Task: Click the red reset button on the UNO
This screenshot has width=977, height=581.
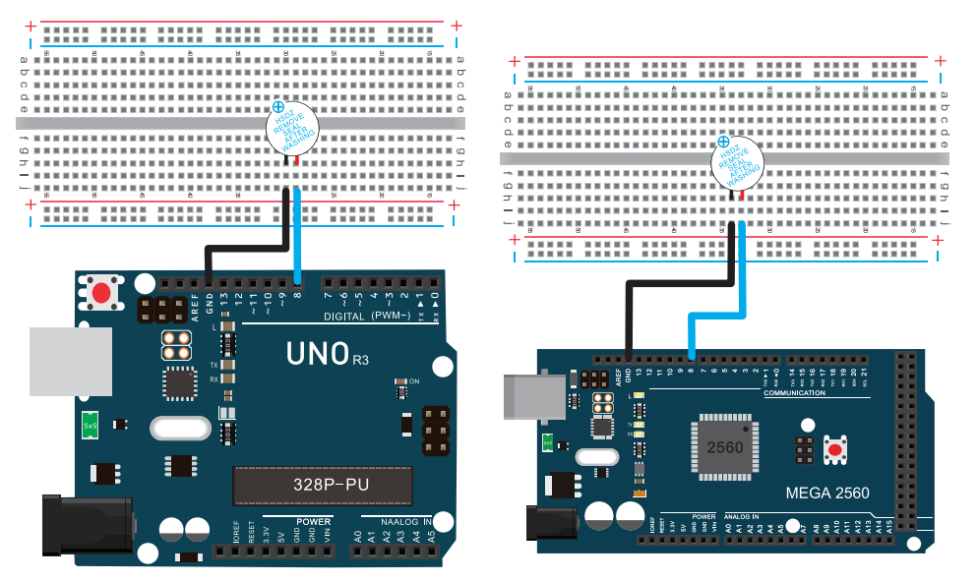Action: [100, 293]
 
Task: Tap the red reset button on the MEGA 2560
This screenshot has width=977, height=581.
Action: [835, 449]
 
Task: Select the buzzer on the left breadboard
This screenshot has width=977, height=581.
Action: [292, 131]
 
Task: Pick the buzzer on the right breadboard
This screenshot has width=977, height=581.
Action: [736, 163]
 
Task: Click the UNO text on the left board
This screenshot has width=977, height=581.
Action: [318, 352]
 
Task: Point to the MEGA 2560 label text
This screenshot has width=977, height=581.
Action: [826, 493]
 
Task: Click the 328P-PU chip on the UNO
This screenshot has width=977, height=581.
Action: [321, 484]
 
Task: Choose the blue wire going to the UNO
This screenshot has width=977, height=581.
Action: [297, 236]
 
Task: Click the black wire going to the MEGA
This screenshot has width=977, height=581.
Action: [679, 282]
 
